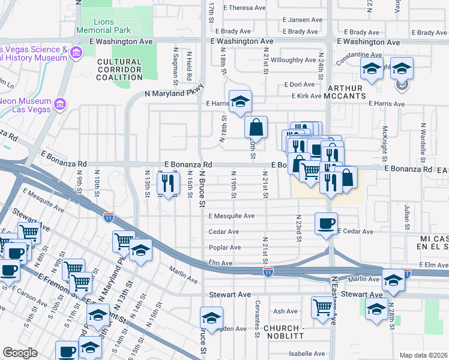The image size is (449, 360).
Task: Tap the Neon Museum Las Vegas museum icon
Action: coord(59,106)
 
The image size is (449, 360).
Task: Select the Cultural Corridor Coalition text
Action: coord(119,70)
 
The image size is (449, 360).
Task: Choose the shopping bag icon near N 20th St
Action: coord(256,127)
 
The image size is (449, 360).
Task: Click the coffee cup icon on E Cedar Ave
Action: coord(326,224)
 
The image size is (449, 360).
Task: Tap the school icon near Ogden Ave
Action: coord(211,318)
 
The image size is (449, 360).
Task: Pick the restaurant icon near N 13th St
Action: coord(169,183)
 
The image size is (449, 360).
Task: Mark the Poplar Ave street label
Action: coord(224,247)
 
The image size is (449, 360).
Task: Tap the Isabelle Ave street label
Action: coord(306,354)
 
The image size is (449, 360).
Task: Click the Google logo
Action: coord(20,353)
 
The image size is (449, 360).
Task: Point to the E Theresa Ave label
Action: coord(244,8)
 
